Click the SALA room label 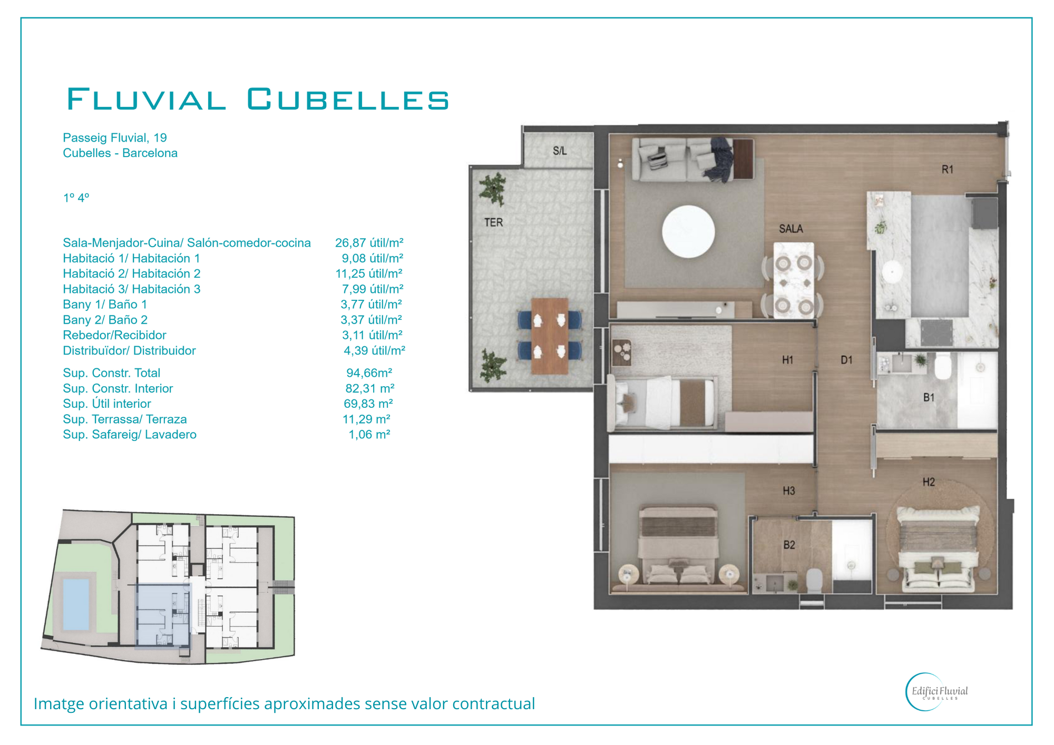click(790, 229)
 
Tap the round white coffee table click(688, 231)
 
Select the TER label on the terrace click(493, 222)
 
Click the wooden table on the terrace click(550, 336)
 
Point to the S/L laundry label click(560, 151)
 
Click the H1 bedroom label click(787, 360)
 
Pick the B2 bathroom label click(789, 545)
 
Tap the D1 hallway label click(846, 360)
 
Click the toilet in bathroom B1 click(943, 366)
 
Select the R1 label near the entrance click(948, 169)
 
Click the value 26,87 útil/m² click(369, 243)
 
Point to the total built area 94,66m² click(369, 373)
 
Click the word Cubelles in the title click(348, 100)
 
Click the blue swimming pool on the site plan click(76, 604)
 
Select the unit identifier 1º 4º click(76, 198)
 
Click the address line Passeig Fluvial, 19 click(115, 138)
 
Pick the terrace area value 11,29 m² click(367, 419)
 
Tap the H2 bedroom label click(929, 482)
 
